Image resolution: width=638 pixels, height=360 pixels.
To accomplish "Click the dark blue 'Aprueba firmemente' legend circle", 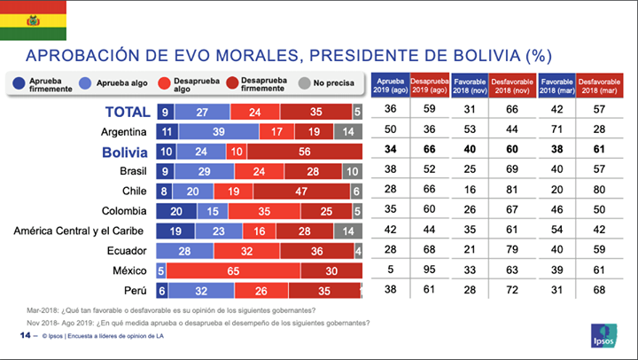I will point(19,84).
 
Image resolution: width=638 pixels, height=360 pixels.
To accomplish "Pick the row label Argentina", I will point(126,132).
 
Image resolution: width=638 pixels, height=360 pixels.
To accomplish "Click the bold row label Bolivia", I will point(124,153).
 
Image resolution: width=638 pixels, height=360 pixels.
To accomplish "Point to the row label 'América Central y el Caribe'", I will point(81,231).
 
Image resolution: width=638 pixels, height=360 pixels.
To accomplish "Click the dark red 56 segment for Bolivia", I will point(302,153).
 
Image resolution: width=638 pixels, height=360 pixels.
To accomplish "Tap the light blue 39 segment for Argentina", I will point(218,132).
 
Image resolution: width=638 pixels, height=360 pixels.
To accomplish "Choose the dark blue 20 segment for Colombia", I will point(177,211).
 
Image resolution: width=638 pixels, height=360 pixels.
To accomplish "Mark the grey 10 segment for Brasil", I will point(352,172).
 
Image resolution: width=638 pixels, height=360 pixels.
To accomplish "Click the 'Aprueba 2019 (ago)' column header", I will point(390,84).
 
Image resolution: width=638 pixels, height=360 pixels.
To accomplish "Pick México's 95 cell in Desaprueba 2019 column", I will point(430,270).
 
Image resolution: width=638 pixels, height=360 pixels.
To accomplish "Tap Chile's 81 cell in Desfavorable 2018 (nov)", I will point(516,192).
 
